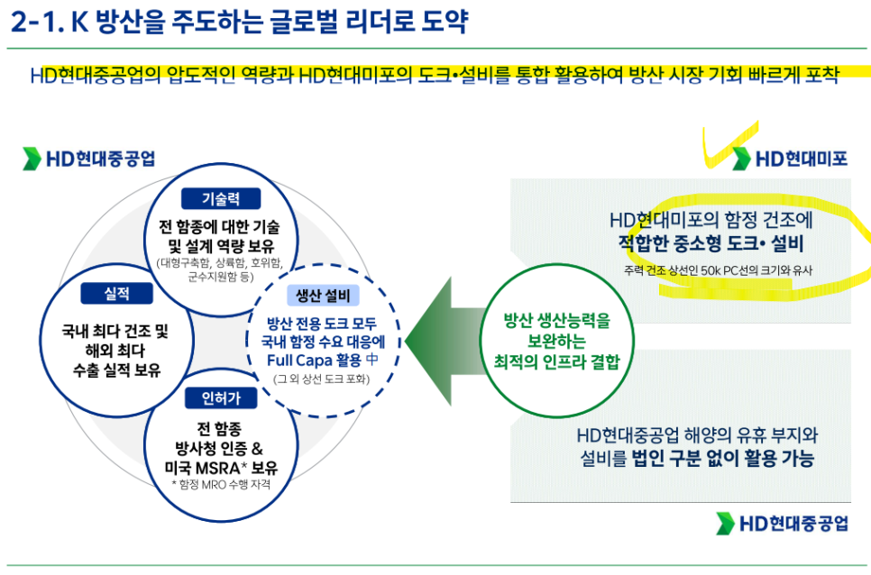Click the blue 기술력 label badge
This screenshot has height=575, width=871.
(221, 198)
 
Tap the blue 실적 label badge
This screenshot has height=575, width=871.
(116, 293)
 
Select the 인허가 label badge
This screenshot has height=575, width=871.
(221, 397)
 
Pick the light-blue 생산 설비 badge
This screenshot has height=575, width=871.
(324, 296)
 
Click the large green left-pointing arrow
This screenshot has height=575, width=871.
(445, 341)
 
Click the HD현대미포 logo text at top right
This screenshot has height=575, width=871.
(801, 160)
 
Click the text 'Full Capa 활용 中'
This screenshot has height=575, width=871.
(323, 361)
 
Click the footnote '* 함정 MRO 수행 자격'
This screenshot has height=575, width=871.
(221, 485)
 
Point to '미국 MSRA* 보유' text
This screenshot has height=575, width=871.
(221, 468)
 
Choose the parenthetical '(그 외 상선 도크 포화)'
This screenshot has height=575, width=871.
(322, 379)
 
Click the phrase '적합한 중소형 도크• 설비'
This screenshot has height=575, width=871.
(711, 243)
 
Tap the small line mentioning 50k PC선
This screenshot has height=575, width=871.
(718, 270)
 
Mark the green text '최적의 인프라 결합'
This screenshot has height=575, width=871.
(556, 362)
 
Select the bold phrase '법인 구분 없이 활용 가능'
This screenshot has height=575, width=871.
(723, 459)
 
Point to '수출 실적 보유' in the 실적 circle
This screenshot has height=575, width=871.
(116, 370)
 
